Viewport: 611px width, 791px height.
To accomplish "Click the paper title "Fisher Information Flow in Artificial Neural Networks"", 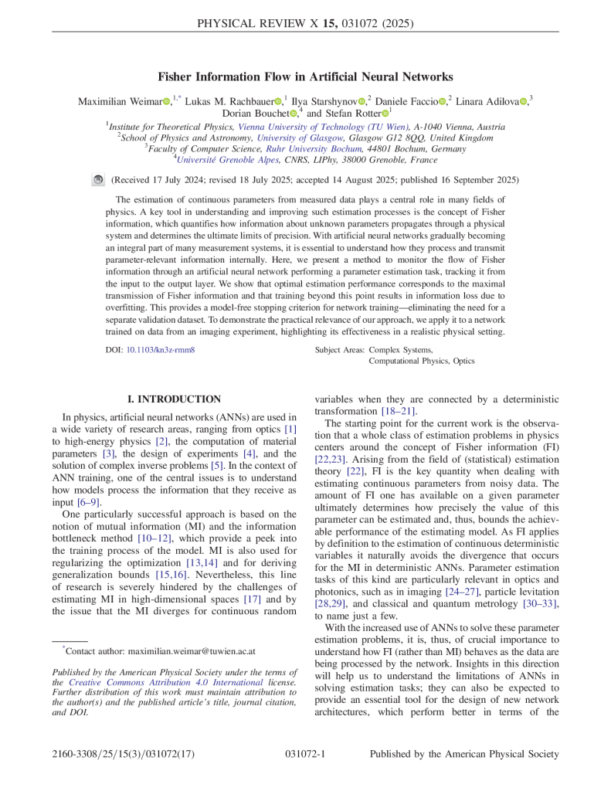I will (305, 76).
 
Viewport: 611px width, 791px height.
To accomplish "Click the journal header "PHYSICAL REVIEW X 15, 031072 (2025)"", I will (305, 23).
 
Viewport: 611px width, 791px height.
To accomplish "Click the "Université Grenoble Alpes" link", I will (220, 160).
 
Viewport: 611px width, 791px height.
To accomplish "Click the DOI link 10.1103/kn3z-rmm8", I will (160, 350).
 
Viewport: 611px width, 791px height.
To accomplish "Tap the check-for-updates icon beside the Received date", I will (97, 179).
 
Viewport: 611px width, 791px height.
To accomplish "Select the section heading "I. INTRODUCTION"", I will (174, 399).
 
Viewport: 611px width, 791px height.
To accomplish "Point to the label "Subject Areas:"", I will (341, 350).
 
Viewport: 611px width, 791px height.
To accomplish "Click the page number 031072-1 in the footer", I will (305, 754).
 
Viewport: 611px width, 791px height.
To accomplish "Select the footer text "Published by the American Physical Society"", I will (463, 754).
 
